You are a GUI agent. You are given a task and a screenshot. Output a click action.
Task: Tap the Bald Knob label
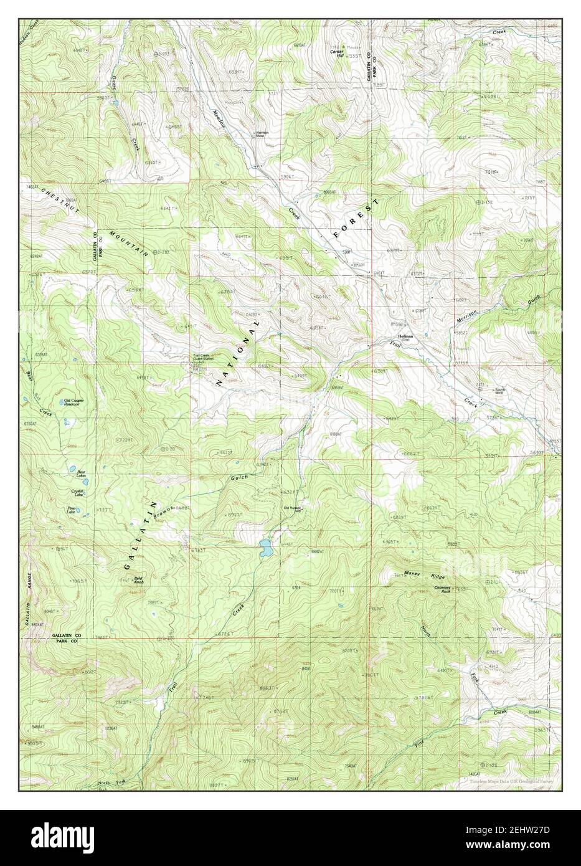pos(139,580)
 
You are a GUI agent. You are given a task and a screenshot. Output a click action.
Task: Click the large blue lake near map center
pos(266,549)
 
